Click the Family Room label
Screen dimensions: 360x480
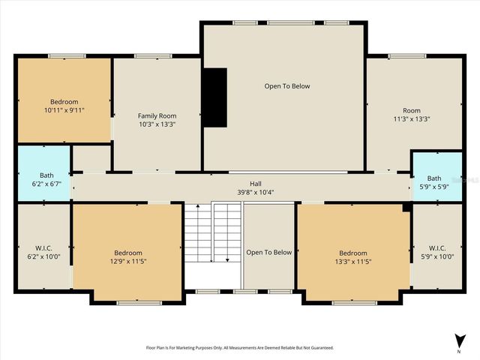click(157, 115)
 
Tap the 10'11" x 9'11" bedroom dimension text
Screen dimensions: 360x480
click(64, 110)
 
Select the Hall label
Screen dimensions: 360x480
click(256, 183)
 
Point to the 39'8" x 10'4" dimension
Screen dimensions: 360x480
click(256, 192)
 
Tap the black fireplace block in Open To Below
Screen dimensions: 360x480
click(216, 97)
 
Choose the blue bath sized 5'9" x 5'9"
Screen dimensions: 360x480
click(436, 178)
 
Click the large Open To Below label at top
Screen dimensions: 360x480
click(286, 86)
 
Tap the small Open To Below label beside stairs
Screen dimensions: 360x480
click(268, 253)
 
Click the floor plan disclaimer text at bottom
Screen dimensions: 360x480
click(240, 348)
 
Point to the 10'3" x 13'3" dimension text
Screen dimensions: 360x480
click(157, 124)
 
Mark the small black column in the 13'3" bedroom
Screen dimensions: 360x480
click(406, 208)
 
